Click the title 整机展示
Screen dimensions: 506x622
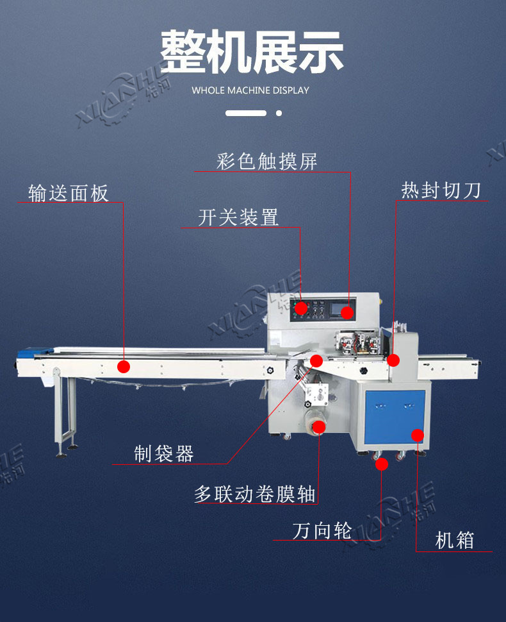click(x=252, y=52)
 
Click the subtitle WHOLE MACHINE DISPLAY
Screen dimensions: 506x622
click(x=250, y=90)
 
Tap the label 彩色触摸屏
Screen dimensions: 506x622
click(x=266, y=162)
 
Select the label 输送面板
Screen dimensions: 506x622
click(x=68, y=193)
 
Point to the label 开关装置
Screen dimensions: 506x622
click(x=238, y=218)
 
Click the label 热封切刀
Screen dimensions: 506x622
click(x=441, y=190)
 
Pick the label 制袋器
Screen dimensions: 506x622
click(x=163, y=454)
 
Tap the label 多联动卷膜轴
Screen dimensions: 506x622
click(x=255, y=494)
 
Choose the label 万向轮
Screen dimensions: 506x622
click(x=322, y=531)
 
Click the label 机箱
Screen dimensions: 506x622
click(x=455, y=541)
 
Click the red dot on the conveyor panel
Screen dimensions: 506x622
click(x=124, y=366)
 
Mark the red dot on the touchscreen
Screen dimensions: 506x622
click(x=347, y=312)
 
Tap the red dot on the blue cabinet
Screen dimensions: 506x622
click(x=417, y=435)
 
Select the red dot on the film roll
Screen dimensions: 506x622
click(x=319, y=427)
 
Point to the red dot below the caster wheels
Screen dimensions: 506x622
click(x=382, y=464)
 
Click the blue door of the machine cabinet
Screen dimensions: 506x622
click(x=395, y=417)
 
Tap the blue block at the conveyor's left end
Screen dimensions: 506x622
click(x=35, y=351)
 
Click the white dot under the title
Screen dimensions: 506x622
click(x=279, y=113)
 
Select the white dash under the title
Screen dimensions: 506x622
click(x=246, y=113)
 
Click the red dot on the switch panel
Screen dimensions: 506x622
click(x=301, y=308)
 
